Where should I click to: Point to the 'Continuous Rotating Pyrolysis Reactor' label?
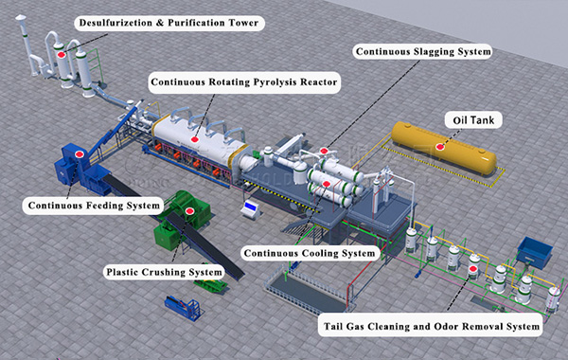[x=244, y=82]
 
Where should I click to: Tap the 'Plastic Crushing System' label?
[x=165, y=272]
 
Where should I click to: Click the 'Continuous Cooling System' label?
[x=310, y=253]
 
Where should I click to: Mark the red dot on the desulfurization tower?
[x=62, y=54]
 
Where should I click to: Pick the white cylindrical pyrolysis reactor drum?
[x=204, y=133]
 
